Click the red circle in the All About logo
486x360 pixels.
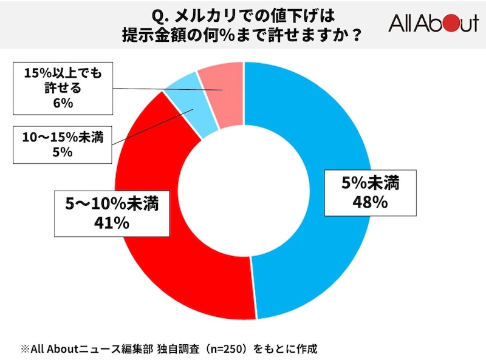coord(448,24)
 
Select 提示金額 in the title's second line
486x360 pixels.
coord(160,34)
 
